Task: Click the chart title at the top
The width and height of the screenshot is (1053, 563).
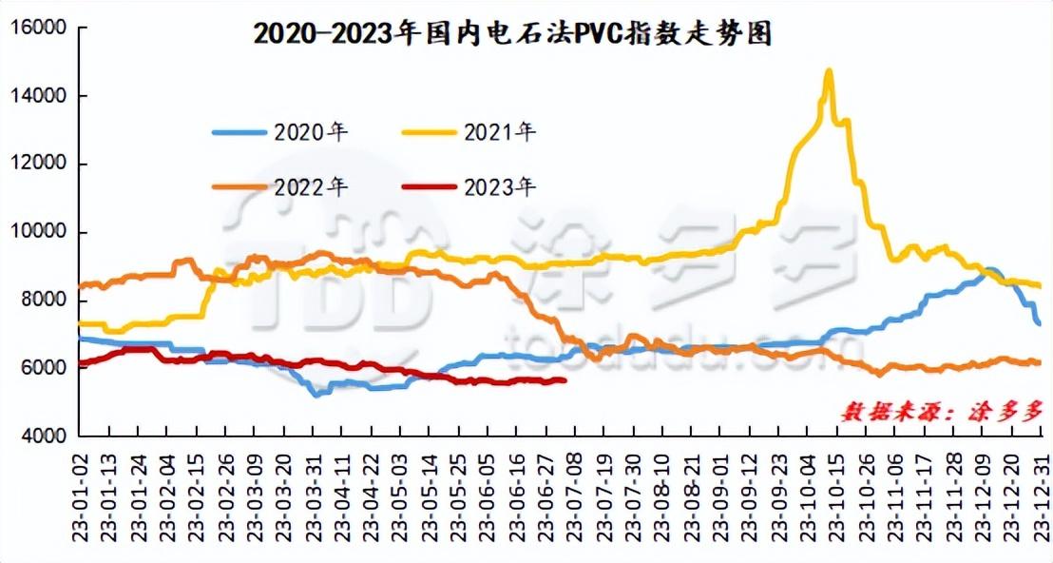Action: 512,33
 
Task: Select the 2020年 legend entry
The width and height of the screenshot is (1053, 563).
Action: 280,131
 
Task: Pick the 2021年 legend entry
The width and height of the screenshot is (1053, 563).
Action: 470,131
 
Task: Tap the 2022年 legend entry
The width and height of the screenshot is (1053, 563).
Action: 280,186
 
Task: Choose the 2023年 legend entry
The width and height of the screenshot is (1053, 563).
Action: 470,186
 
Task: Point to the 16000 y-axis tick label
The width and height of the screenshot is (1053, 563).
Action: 38,29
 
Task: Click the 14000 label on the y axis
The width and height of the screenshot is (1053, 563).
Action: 38,96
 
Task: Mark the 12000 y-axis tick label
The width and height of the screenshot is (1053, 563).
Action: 38,164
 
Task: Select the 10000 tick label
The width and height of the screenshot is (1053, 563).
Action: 38,232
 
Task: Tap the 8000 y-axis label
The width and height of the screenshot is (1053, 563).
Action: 44,300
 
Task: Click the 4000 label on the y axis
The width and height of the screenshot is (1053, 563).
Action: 44,436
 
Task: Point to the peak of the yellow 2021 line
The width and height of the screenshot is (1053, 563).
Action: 829,70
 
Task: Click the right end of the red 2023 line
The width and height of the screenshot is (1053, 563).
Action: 565,380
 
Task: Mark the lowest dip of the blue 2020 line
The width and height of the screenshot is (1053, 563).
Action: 316,395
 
